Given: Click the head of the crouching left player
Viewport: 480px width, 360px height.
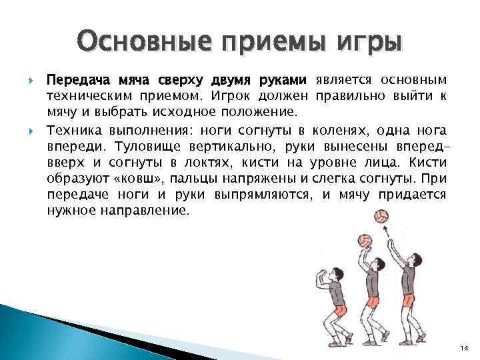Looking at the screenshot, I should (327, 274).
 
